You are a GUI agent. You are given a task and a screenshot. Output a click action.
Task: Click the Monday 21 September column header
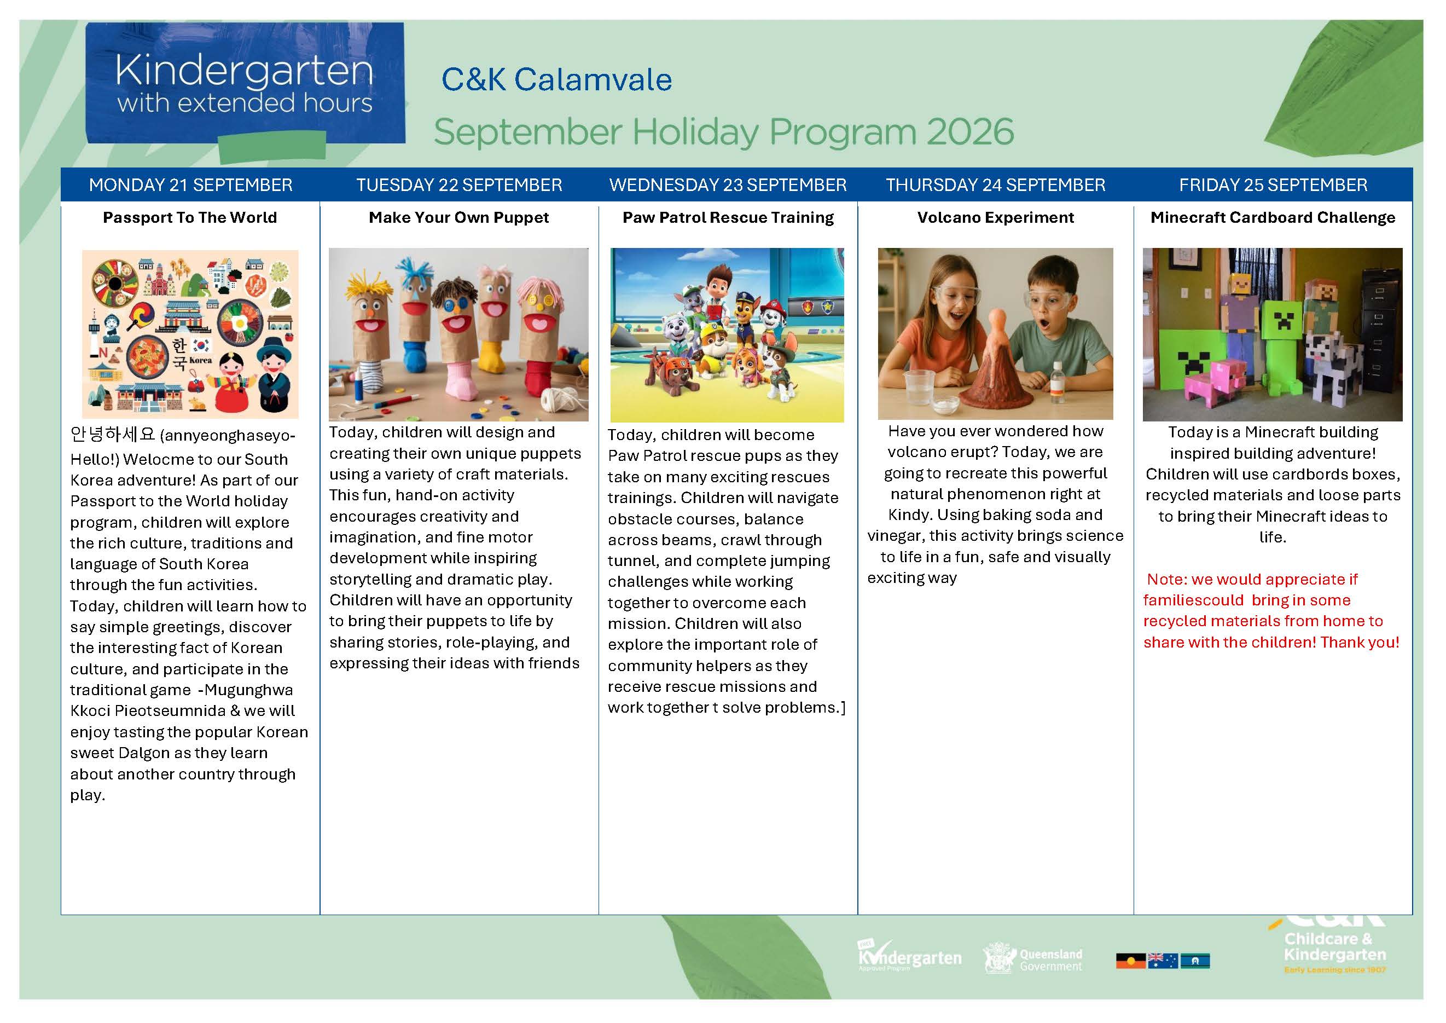191,184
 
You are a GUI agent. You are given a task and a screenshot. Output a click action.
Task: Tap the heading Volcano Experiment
995,218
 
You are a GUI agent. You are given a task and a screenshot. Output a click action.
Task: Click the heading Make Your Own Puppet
458,218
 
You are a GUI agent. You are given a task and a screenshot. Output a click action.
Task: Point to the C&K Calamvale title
557,80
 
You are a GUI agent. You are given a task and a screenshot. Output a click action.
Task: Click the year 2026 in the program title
970,132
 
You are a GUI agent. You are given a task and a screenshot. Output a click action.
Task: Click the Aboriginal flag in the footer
1130,961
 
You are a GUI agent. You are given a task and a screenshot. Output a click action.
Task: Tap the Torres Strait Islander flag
1195,961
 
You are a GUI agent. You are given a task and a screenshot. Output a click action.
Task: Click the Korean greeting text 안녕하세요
113,435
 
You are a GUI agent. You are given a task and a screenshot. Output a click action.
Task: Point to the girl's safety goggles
953,295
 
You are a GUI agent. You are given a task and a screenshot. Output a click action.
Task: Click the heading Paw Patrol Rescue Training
728,218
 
